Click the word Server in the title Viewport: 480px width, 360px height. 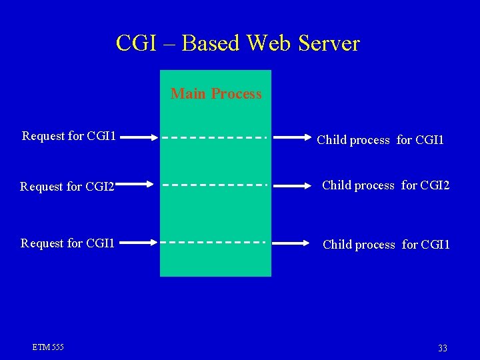pyautogui.click(x=329, y=43)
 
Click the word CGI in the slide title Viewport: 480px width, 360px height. pyautogui.click(x=135, y=43)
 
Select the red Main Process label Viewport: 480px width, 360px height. pyautogui.click(x=216, y=94)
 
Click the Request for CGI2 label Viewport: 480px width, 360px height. pyautogui.click(x=67, y=187)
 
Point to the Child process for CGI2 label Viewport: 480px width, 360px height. pyautogui.click(x=386, y=185)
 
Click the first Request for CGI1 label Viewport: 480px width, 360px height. pyautogui.click(x=69, y=136)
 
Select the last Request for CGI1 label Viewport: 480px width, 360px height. pyautogui.click(x=68, y=243)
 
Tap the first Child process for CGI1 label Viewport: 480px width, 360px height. pyautogui.click(x=380, y=140)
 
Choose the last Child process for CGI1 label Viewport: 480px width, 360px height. pyautogui.click(x=386, y=245)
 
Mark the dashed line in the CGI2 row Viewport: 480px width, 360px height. pyautogui.click(x=215, y=184)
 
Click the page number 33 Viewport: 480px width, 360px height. pyautogui.click(x=442, y=349)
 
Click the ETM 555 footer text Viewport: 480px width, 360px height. pyautogui.click(x=48, y=347)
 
